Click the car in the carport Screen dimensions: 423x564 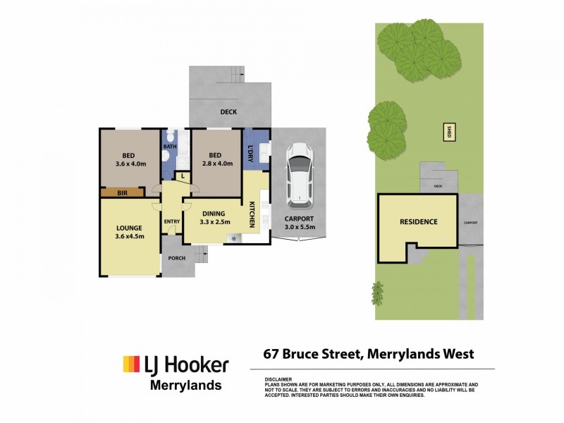coord(299,173)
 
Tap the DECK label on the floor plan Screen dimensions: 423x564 coord(228,112)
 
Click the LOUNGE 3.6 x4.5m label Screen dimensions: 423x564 coord(130,232)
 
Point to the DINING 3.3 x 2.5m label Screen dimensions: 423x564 coord(214,218)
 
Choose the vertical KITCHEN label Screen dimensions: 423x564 coord(252,214)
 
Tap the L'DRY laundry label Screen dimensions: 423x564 coord(250,151)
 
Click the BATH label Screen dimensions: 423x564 coord(170,147)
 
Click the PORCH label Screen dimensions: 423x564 coord(177,258)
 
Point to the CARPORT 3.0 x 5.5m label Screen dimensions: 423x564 coord(299,223)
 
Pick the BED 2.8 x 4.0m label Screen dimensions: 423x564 coord(215,159)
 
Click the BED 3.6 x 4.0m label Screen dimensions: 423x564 coord(129,159)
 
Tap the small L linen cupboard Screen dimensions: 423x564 coord(183,176)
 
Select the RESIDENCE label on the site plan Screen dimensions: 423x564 coord(419,221)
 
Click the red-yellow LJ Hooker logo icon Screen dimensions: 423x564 coord(131,364)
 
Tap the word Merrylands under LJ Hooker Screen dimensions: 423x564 coord(186,386)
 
